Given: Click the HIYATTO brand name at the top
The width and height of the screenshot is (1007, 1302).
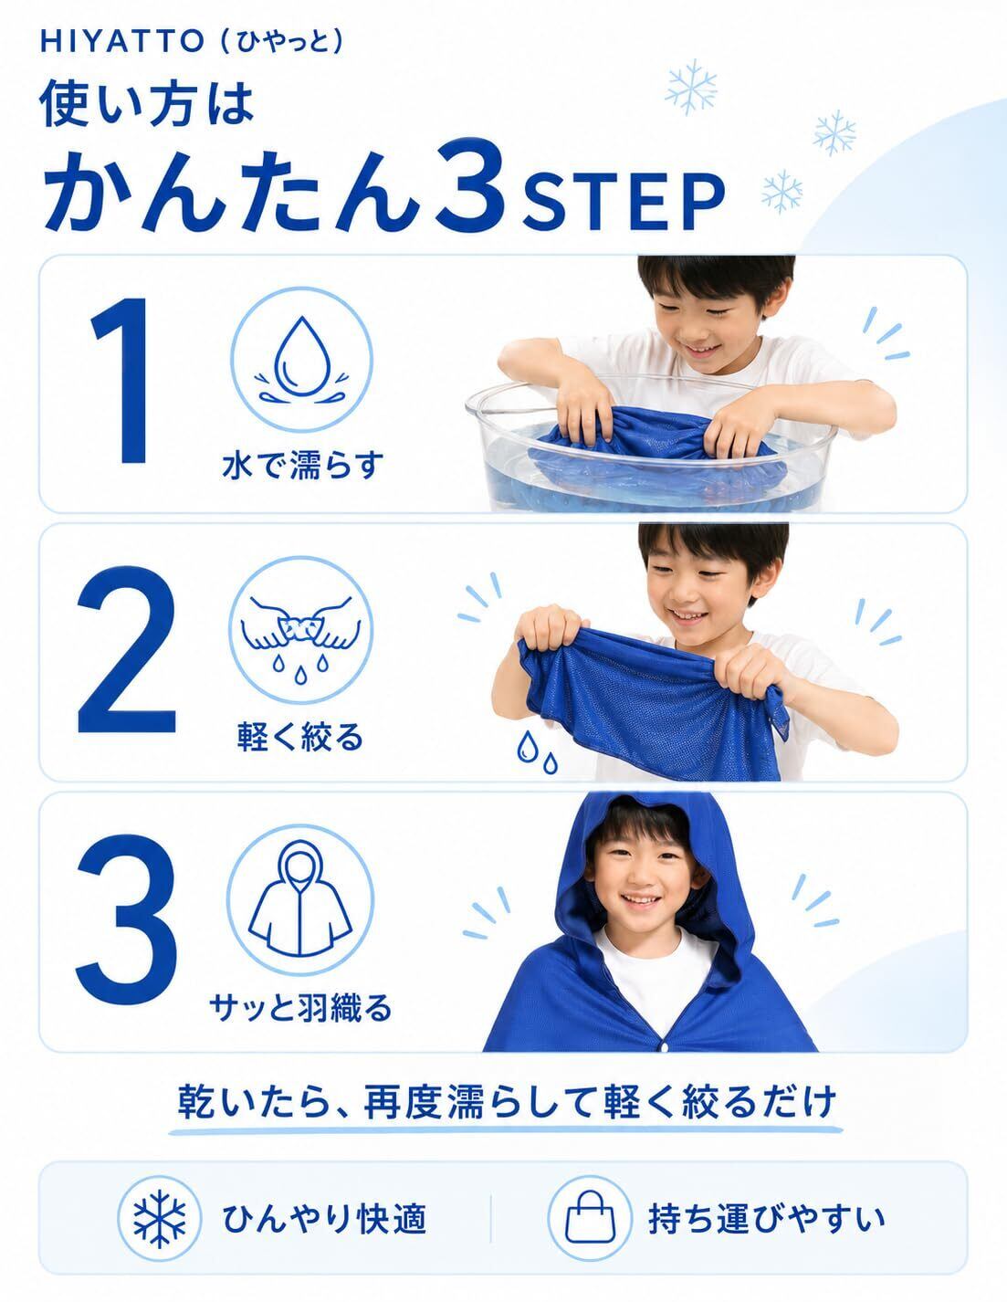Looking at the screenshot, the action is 122,41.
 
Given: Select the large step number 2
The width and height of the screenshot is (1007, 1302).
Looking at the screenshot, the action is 127,649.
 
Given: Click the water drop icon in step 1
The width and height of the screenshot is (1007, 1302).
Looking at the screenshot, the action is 302,360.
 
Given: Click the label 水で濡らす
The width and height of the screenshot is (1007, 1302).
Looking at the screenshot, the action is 302,466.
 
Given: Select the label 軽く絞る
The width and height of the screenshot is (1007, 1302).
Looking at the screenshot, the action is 300,737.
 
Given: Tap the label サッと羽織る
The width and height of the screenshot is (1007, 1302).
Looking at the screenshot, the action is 300,1007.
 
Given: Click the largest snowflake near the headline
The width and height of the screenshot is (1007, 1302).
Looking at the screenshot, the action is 691,87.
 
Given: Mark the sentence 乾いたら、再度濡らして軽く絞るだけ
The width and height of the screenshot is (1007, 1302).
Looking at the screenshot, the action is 507,1101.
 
